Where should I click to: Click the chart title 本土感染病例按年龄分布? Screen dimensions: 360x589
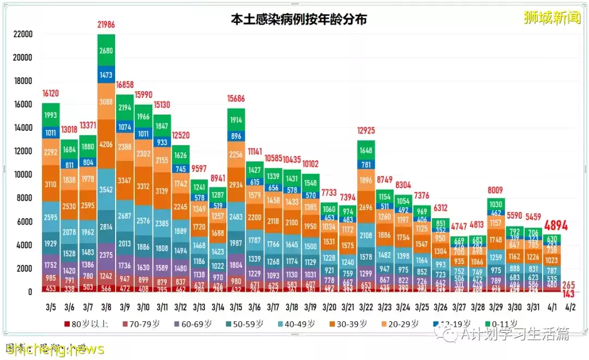pos(298,19)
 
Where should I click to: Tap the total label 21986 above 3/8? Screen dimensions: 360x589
pos(106,25)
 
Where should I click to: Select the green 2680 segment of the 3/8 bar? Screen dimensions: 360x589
pos(106,51)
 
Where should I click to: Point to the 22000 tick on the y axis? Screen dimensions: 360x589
pos(23,34)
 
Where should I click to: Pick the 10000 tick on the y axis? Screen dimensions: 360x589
pos(23,175)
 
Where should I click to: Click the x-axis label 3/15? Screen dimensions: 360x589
pos(236,307)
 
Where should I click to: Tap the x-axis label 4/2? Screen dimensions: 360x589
pos(570,307)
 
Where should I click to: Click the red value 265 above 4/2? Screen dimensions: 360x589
pos(570,284)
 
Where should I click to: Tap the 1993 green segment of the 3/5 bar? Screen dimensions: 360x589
pos(51,115)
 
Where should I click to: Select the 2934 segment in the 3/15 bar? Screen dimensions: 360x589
pos(236,185)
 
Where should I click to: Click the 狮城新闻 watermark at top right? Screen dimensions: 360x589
pos(550,18)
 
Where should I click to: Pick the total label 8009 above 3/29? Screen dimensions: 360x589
pos(497,190)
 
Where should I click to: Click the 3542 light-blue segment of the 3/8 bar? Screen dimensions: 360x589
pos(106,190)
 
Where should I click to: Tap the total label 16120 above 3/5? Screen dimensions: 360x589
pos(51,94)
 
